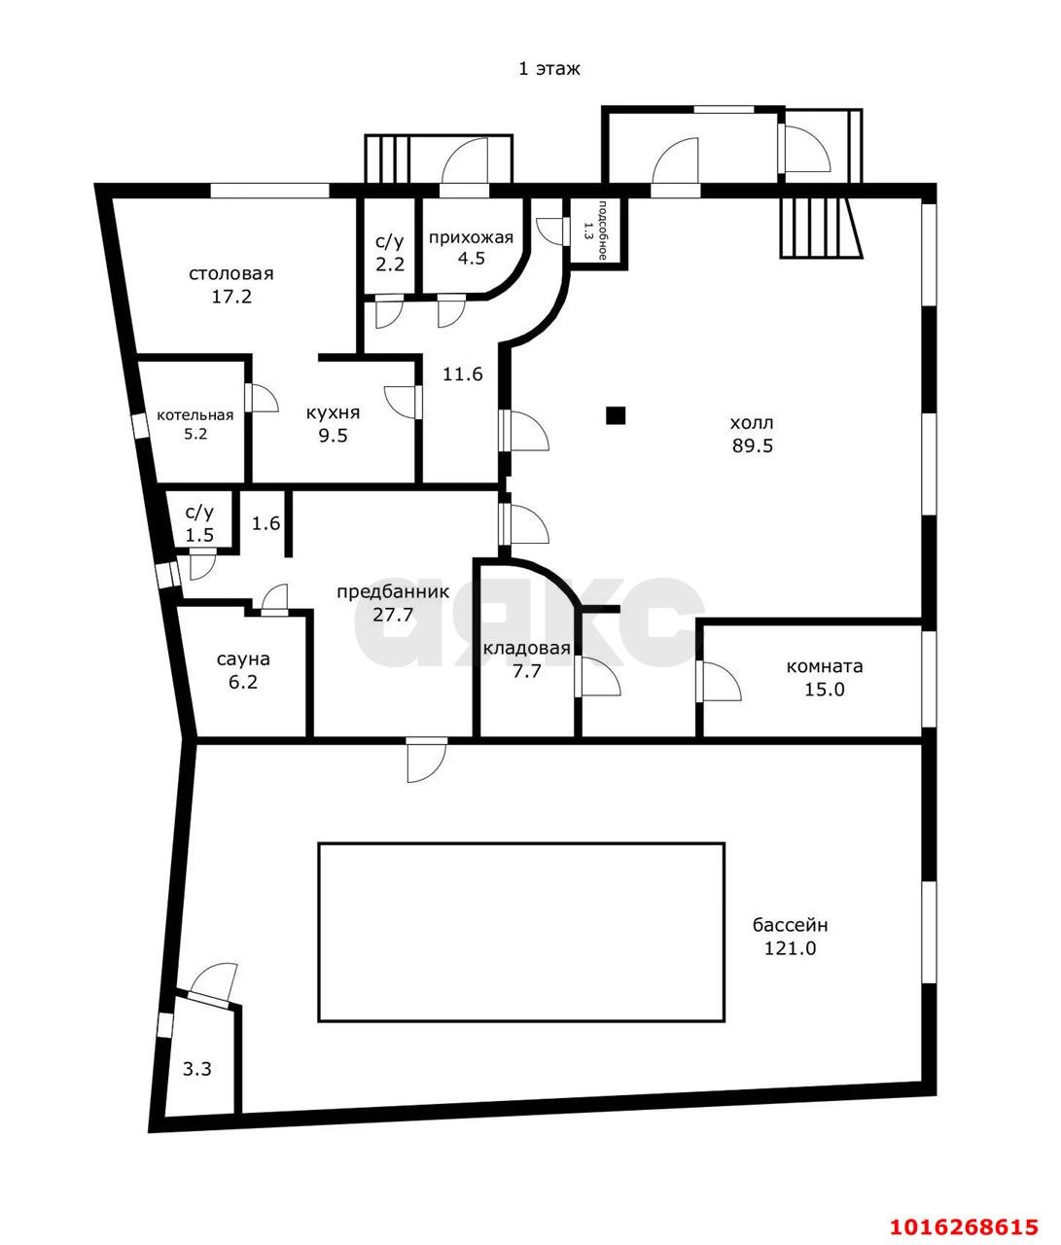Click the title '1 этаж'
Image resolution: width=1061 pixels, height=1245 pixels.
click(x=549, y=69)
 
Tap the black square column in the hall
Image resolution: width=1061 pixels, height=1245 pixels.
click(x=616, y=415)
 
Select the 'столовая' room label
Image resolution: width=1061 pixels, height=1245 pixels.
click(x=231, y=274)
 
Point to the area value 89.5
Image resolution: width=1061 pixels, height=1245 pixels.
click(x=752, y=445)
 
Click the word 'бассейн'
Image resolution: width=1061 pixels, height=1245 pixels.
click(x=790, y=925)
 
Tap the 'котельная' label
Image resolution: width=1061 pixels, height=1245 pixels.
click(x=195, y=415)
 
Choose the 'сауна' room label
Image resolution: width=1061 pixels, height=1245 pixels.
click(x=243, y=659)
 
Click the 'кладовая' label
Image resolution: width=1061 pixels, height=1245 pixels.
click(x=526, y=648)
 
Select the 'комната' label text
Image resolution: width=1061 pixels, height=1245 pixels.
click(x=825, y=666)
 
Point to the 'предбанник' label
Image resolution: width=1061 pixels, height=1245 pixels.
click(x=393, y=592)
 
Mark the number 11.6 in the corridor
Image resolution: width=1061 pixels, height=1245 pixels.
click(x=463, y=374)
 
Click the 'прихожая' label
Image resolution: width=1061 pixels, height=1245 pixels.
click(x=471, y=238)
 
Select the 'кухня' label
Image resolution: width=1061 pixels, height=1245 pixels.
click(x=333, y=413)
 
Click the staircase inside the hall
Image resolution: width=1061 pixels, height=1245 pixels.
click(x=822, y=229)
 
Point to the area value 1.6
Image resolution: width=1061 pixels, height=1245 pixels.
click(x=265, y=523)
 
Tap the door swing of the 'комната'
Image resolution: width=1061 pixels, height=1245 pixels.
click(x=721, y=681)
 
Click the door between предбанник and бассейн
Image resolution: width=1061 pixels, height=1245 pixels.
click(x=426, y=759)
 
